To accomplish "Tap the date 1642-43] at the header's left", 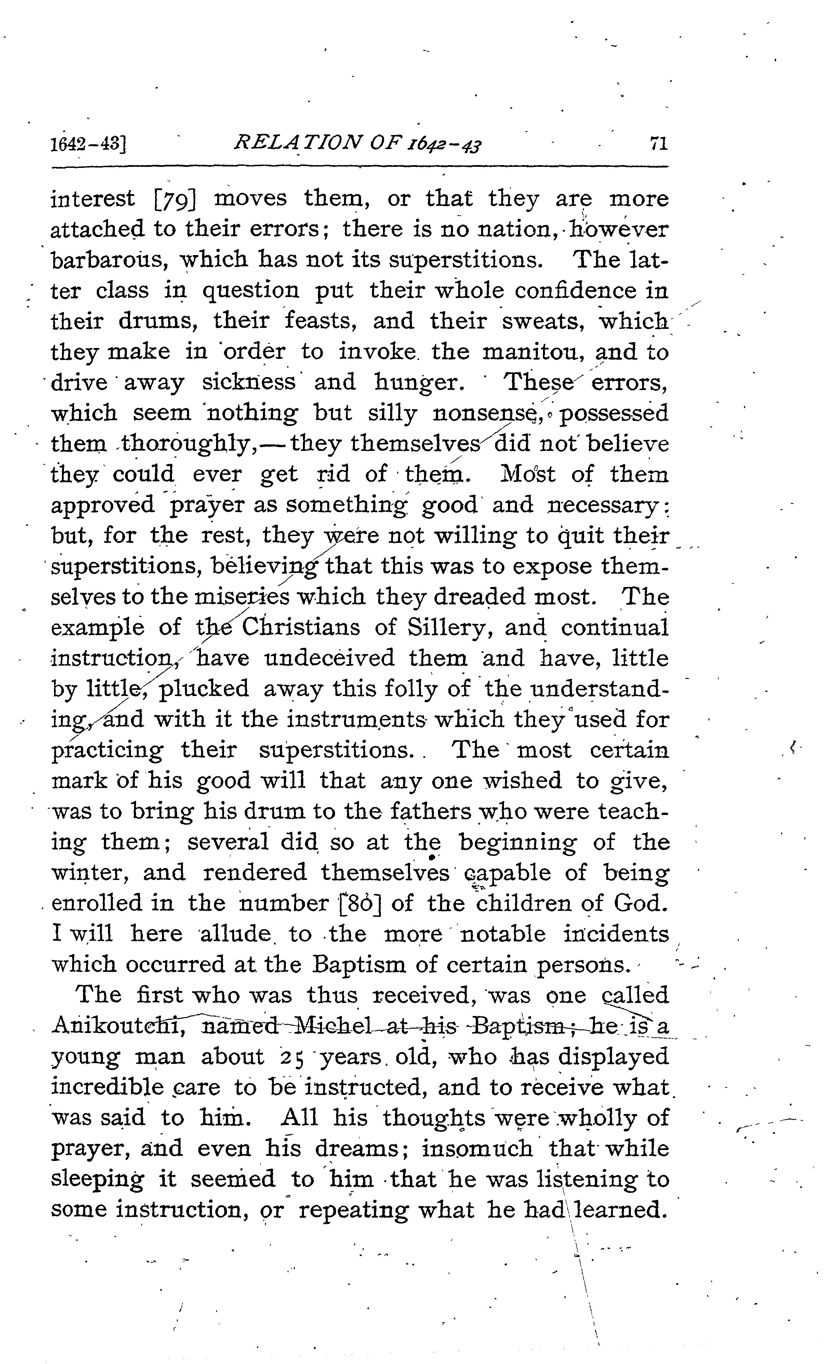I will coord(89,145).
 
